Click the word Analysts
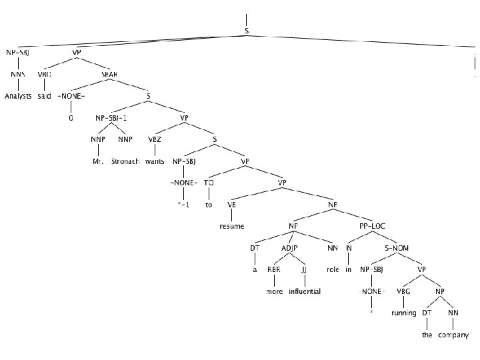[18, 97]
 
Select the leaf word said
[45, 97]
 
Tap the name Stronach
[125, 161]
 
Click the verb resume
[232, 226]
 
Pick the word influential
[305, 291]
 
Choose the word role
[333, 270]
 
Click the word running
[403, 313]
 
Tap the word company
[453, 335]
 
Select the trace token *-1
[183, 205]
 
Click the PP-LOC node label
[372, 226]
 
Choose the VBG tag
[403, 291]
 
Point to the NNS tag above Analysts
[18, 75]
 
